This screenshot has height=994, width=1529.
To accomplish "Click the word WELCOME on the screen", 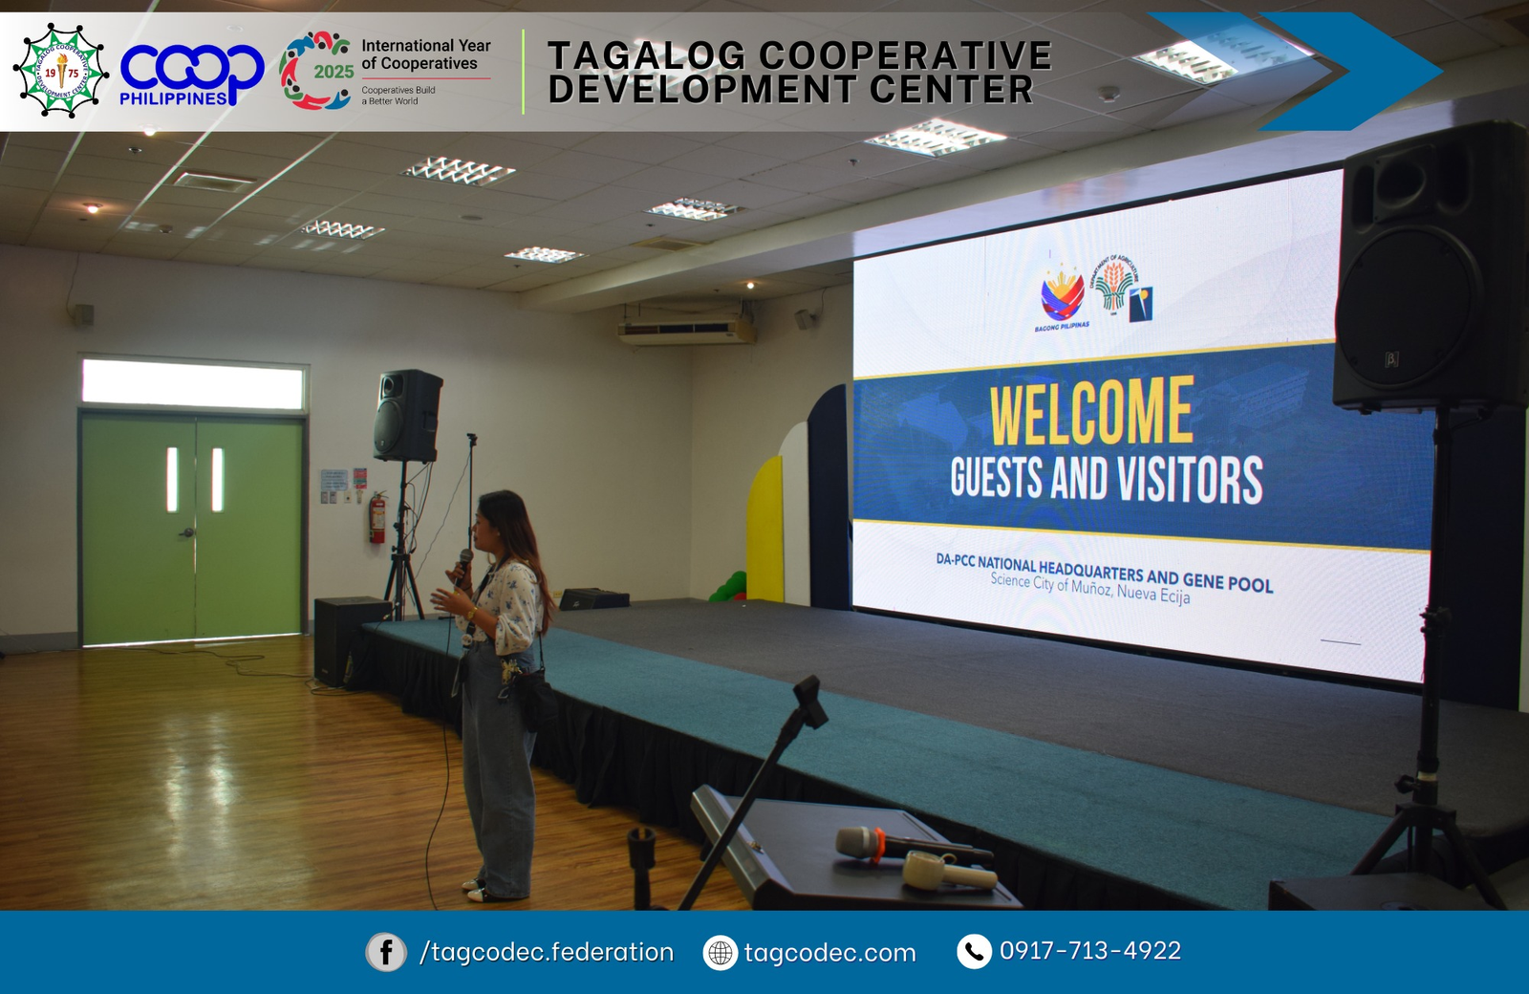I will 1091,411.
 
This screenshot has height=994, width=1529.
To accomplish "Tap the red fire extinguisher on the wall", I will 378,518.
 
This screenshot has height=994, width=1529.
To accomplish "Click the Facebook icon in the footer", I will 386,952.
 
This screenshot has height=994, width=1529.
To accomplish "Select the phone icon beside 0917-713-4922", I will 974,952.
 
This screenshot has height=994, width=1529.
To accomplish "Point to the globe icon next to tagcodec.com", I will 721,953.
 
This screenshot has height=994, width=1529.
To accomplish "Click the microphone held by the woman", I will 463,565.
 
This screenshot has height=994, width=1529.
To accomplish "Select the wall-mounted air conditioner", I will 686,332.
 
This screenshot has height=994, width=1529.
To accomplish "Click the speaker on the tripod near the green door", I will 408,416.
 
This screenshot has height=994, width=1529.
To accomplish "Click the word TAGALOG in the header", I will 646,55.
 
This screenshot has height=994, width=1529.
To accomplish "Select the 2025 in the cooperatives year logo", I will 334,72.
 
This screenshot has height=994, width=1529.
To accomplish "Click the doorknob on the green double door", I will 187,532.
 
